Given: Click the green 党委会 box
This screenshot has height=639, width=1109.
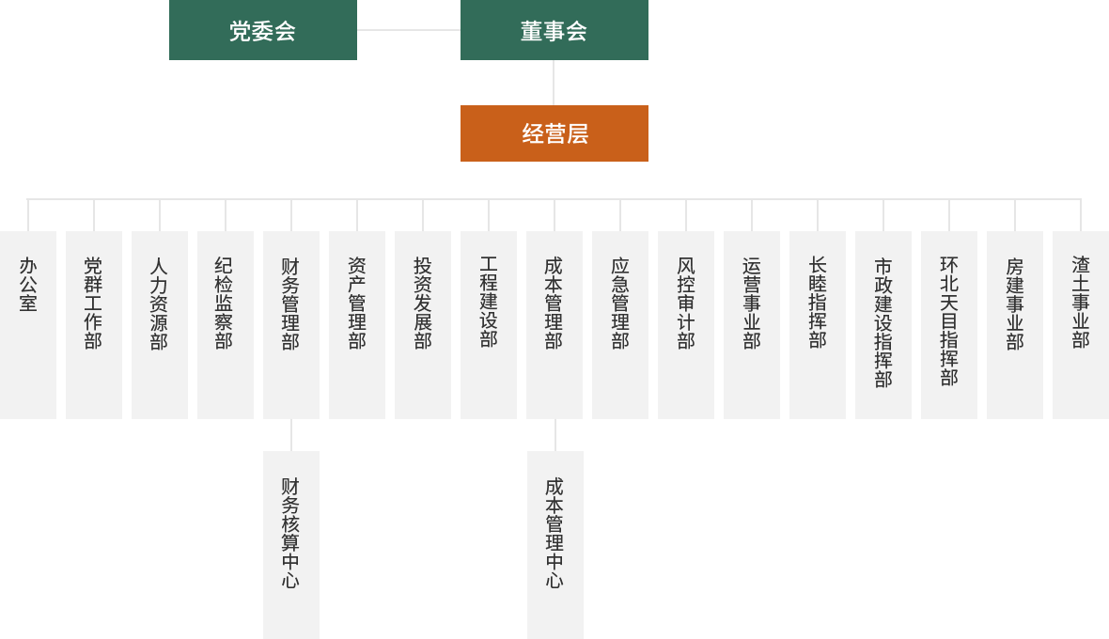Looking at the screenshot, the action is pos(263,30).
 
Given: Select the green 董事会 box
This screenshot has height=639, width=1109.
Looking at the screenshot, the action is pos(554,30).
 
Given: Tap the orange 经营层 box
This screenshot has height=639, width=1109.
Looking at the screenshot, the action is pos(554,133).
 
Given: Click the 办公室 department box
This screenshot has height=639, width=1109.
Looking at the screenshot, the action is pos(28,324).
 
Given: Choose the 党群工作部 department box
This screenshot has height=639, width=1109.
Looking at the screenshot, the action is pos(94,324).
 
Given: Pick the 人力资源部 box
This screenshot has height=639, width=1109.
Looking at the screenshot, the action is pos(160,324).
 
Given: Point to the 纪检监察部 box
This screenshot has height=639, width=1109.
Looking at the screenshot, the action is pos(226,324).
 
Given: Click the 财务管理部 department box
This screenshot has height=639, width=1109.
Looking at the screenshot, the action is pos(291,324).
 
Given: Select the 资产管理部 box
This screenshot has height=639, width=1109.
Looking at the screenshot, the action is pos(357,324).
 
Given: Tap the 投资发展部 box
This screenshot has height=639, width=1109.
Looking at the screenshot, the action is pos(423,324).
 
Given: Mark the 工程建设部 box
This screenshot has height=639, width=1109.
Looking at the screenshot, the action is pos(489,324).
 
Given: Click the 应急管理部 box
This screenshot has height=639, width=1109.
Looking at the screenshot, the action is pos(620,324).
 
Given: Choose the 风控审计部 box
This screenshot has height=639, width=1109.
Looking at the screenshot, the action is pos(686,324).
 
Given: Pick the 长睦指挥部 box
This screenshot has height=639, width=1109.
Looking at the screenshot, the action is pos(818,324).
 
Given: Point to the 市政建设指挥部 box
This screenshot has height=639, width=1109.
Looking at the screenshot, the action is pos(883,324).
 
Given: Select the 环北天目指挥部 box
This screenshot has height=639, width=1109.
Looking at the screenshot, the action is pos(949,324).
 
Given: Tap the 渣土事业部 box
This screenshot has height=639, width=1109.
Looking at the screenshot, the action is pos(1081,324).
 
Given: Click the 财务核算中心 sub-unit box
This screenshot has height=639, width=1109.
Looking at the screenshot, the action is pos(291,545).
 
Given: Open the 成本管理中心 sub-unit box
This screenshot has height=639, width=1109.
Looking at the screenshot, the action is pos(555,545).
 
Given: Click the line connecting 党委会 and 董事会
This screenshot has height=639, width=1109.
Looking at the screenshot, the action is pos(409,30).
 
